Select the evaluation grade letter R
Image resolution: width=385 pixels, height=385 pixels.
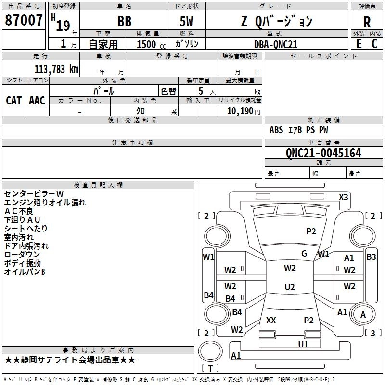(367, 22)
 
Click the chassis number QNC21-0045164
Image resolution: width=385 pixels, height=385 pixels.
(323, 153)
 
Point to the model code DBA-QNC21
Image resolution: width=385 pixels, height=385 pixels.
(276, 44)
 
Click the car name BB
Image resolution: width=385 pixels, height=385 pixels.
(124, 22)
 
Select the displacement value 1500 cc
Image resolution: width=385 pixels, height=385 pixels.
(149, 45)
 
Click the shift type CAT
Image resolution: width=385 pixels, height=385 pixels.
(13, 100)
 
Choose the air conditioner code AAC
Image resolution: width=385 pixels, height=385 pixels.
(37, 100)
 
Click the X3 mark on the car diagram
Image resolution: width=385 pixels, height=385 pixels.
(344, 197)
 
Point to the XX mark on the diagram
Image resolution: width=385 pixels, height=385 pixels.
(271, 320)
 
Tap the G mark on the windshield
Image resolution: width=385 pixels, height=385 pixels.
(304, 254)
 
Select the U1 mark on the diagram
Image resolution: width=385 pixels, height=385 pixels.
(303, 344)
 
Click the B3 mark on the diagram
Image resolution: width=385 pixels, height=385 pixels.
(371, 257)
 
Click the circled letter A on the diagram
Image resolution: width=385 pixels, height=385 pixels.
(363, 315)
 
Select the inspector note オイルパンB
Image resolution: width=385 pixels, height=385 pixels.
(24, 272)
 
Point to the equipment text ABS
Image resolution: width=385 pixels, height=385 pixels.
(276, 129)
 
